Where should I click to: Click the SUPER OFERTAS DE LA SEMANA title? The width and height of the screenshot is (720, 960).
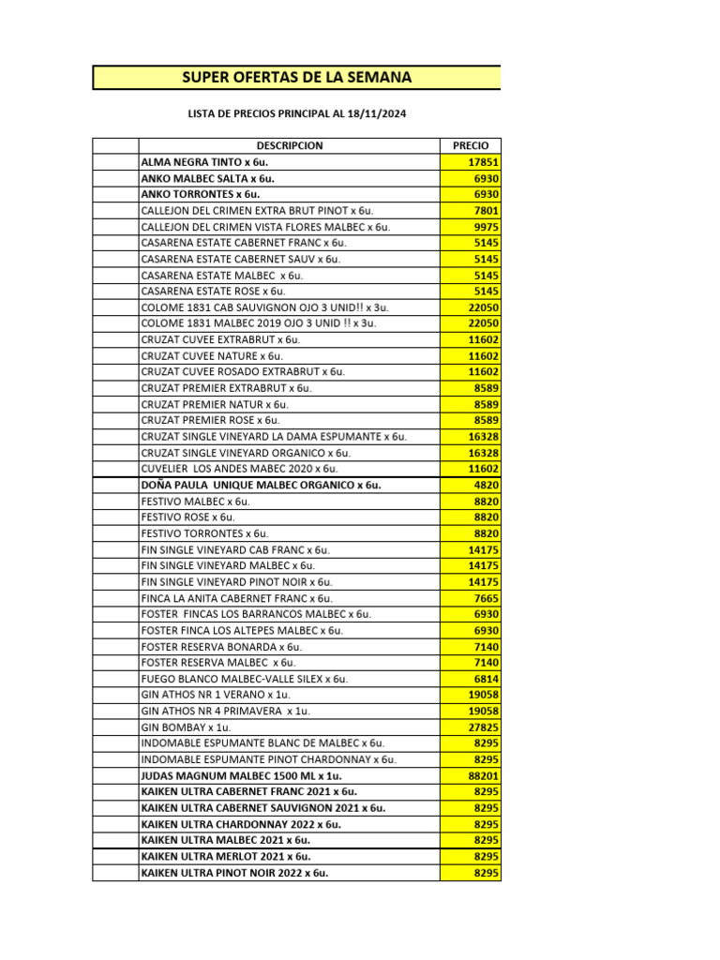click(x=296, y=77)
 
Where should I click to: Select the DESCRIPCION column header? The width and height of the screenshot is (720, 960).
click(x=289, y=146)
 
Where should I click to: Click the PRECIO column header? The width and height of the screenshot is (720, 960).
click(x=470, y=146)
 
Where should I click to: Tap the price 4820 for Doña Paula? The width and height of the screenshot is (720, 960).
click(x=487, y=486)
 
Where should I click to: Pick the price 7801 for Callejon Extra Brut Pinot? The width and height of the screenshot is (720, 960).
click(x=487, y=211)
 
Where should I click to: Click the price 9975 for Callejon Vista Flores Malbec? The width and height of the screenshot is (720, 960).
click(x=487, y=227)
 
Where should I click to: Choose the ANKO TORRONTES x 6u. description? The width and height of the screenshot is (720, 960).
click(x=200, y=194)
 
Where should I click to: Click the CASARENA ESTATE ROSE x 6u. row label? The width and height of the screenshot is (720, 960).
click(x=212, y=292)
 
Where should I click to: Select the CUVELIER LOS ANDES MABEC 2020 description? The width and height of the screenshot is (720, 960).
click(x=239, y=469)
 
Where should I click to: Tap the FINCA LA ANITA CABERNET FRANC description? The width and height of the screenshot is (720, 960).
click(x=236, y=598)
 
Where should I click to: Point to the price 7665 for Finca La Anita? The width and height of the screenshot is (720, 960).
click(x=487, y=598)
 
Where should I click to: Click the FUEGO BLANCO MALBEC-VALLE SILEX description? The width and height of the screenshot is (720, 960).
click(x=244, y=679)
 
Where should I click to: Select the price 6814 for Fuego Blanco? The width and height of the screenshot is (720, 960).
click(x=487, y=679)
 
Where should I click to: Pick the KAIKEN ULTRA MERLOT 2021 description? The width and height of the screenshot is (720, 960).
click(x=225, y=857)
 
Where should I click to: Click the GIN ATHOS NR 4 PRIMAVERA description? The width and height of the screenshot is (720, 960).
click(x=225, y=712)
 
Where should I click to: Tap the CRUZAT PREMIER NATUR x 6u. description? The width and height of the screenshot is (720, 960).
click(x=215, y=404)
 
